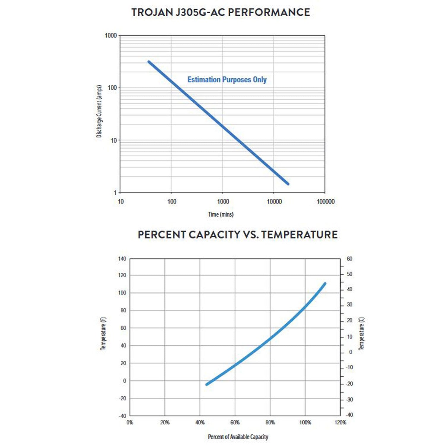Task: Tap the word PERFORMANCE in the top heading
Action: click(269, 12)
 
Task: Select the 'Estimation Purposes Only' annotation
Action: click(227, 80)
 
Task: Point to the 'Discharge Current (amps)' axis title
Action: click(99, 111)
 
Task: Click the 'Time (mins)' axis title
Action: click(221, 214)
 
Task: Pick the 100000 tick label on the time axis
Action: click(325, 202)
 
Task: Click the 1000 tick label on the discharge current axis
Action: click(111, 36)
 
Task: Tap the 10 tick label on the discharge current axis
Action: click(114, 140)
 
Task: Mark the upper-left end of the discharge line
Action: click(149, 62)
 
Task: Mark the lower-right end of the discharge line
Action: click(288, 184)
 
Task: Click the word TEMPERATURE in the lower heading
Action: click(299, 235)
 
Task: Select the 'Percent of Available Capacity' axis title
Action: click(238, 437)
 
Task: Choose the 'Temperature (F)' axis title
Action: click(103, 333)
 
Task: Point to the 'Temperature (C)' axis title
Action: click(361, 333)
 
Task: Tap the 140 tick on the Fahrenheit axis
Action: click(122, 259)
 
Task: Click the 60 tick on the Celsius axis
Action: click(349, 259)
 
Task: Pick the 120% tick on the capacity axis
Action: click(340, 422)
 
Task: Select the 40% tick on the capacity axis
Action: click(200, 422)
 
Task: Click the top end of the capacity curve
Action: click(325, 283)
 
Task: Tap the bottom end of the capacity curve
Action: click(207, 384)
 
